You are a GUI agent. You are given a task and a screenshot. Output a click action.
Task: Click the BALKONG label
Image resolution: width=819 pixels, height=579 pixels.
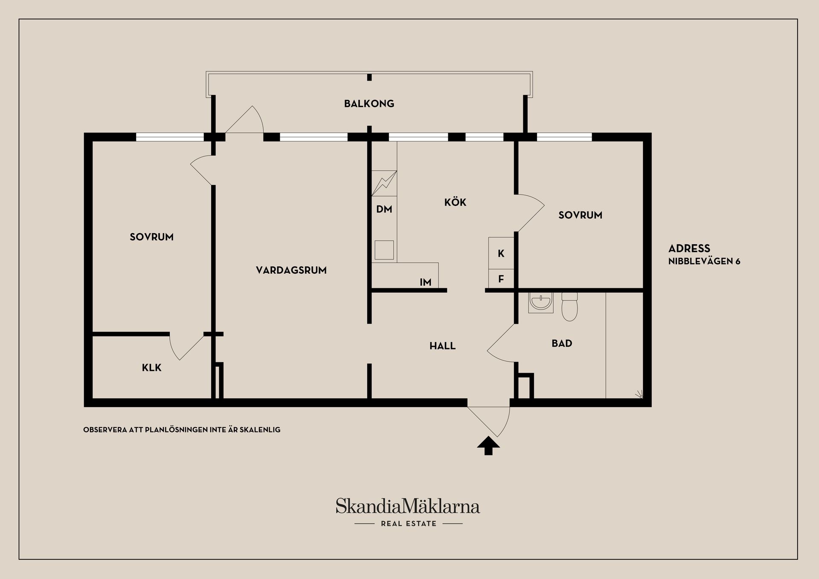pyautogui.click(x=369, y=104)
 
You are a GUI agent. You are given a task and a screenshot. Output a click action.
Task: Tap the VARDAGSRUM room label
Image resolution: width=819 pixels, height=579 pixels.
pyautogui.click(x=291, y=270)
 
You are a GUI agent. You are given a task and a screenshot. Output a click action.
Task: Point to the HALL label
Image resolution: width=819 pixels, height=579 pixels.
pyautogui.click(x=442, y=346)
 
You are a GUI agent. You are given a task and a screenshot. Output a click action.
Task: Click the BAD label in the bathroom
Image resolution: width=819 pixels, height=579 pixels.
pyautogui.click(x=562, y=343)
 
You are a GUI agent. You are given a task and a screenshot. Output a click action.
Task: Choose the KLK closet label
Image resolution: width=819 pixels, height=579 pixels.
pyautogui.click(x=152, y=368)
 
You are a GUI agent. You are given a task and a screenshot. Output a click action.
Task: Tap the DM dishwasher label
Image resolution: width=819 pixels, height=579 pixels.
pyautogui.click(x=384, y=209)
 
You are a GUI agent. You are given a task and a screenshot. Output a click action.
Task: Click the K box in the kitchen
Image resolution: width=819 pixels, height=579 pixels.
pyautogui.click(x=501, y=253)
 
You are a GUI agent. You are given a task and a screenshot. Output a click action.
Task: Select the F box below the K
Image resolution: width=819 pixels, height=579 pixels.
pyautogui.click(x=501, y=279)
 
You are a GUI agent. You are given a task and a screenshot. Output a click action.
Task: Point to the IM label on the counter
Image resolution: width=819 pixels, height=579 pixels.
pyautogui.click(x=425, y=282)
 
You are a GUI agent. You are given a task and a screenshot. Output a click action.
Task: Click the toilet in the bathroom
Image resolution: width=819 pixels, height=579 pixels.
pyautogui.click(x=569, y=307)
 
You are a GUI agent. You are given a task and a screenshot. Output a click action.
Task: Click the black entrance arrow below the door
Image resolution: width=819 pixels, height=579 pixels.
pyautogui.click(x=488, y=446)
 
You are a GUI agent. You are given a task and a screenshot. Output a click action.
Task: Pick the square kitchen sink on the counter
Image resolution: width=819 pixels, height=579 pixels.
pyautogui.click(x=384, y=250)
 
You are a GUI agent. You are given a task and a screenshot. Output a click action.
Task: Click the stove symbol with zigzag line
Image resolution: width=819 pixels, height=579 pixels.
pyautogui.click(x=384, y=183)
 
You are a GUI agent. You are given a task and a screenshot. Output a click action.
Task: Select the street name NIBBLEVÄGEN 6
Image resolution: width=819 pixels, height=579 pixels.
pyautogui.click(x=704, y=261)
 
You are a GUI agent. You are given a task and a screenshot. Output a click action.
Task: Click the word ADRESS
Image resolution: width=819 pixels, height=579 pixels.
pyautogui.click(x=689, y=249)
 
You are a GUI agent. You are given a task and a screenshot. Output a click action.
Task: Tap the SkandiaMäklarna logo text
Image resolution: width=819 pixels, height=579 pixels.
pyautogui.click(x=408, y=506)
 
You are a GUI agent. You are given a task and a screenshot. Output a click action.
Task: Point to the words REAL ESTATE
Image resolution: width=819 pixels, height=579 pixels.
pyautogui.click(x=409, y=524)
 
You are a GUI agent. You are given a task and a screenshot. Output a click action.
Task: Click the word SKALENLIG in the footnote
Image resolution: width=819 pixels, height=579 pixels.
pyautogui.click(x=260, y=430)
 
